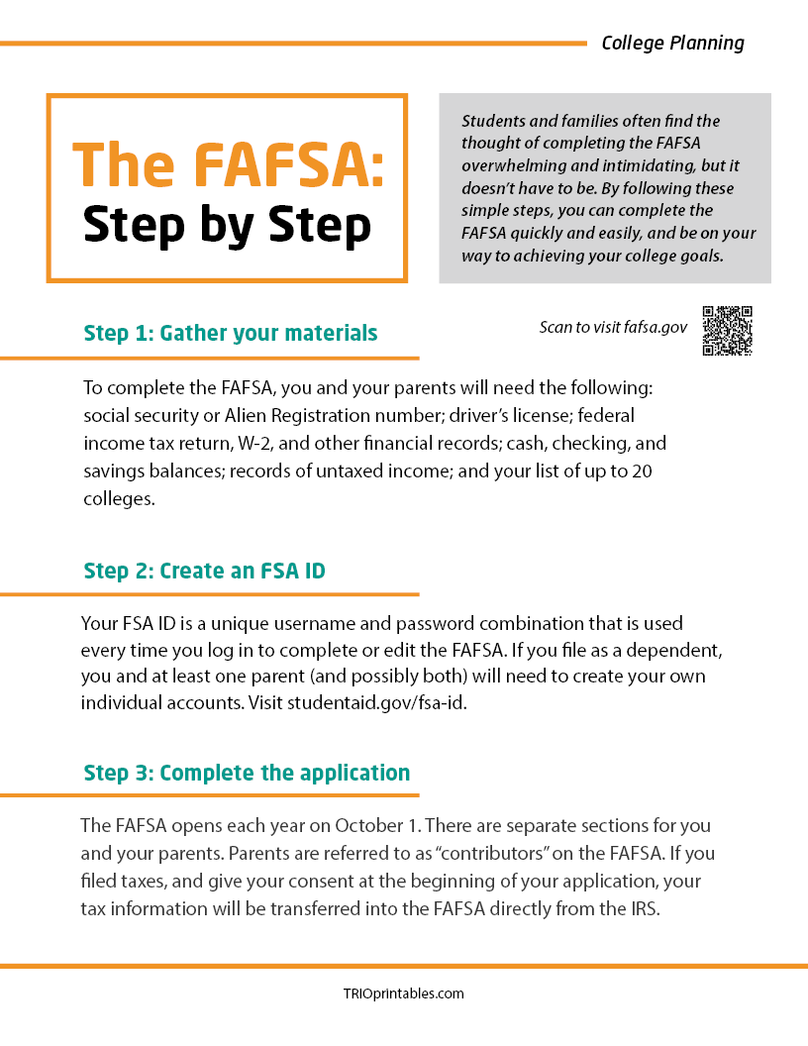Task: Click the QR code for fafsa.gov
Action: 728,331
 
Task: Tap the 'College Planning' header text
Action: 672,43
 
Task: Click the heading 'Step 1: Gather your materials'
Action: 231,333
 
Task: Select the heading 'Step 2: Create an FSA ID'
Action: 205,571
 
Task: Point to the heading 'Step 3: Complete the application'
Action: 247,773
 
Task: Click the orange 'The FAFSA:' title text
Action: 228,164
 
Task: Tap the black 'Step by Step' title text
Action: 228,226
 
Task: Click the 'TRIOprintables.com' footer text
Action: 403,994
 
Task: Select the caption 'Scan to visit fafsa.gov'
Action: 613,327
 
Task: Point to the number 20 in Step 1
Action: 642,472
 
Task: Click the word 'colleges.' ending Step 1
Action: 119,499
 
